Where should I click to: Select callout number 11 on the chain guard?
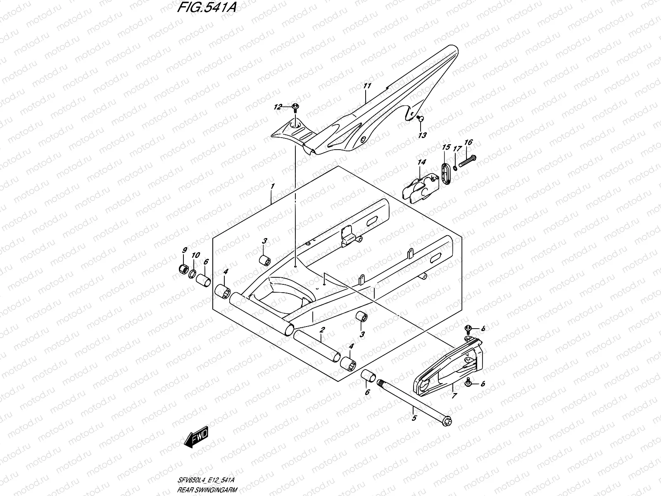pyautogui.click(x=367, y=86)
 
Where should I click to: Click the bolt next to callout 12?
pyautogui.click(x=295, y=107)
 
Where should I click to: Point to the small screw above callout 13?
pyautogui.click(x=419, y=119)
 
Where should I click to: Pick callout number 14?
pyautogui.click(x=421, y=163)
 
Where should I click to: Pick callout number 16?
pyautogui.click(x=468, y=143)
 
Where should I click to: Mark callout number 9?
pyautogui.click(x=185, y=250)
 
